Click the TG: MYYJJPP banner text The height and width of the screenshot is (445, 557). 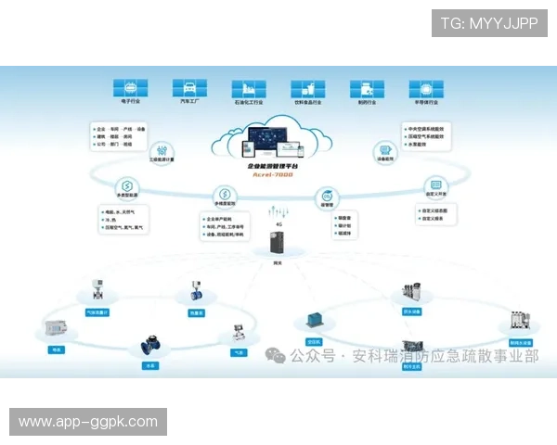489,23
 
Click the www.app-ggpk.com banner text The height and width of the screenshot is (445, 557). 88,422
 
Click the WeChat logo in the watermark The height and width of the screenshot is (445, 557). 275,356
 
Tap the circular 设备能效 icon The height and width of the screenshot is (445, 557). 384,150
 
